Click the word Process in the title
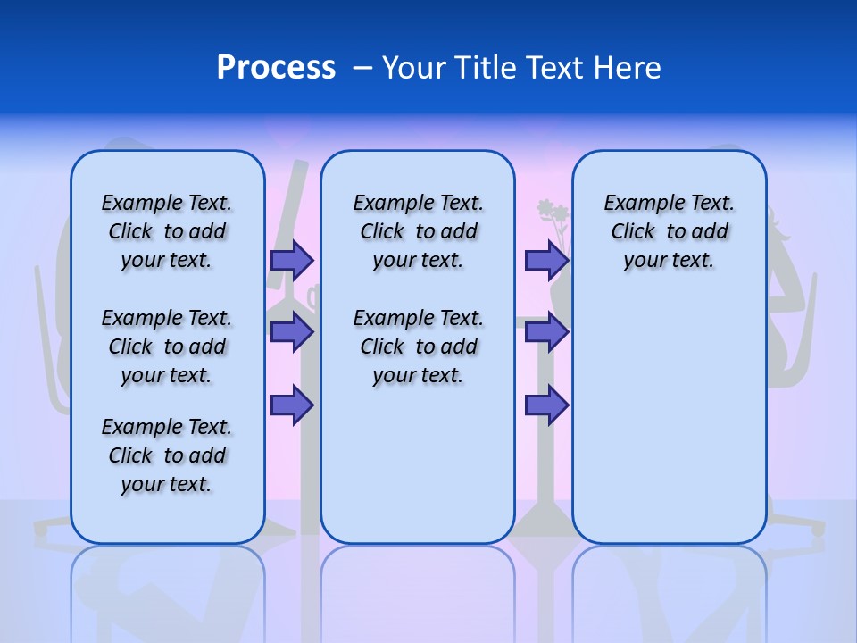click(276, 67)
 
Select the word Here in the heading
click(628, 67)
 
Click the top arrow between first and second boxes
click(292, 260)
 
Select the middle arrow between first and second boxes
click(292, 332)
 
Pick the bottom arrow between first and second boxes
click(292, 405)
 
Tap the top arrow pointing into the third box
click(546, 260)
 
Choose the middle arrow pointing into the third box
click(546, 332)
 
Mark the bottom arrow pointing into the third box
click(546, 405)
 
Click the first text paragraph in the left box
click(167, 231)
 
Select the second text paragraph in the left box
click(167, 347)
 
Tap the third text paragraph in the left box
click(167, 455)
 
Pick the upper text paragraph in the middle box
click(418, 231)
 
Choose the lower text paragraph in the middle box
click(418, 347)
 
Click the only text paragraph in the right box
click(669, 231)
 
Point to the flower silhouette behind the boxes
click(553, 219)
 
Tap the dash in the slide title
click(362, 68)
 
